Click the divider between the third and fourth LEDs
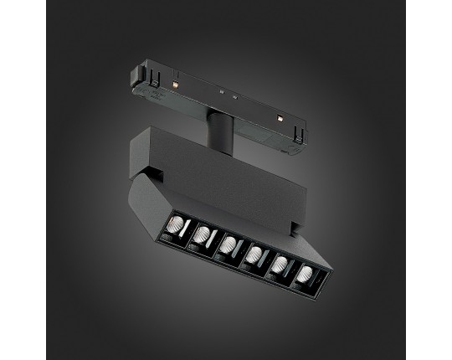241,251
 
